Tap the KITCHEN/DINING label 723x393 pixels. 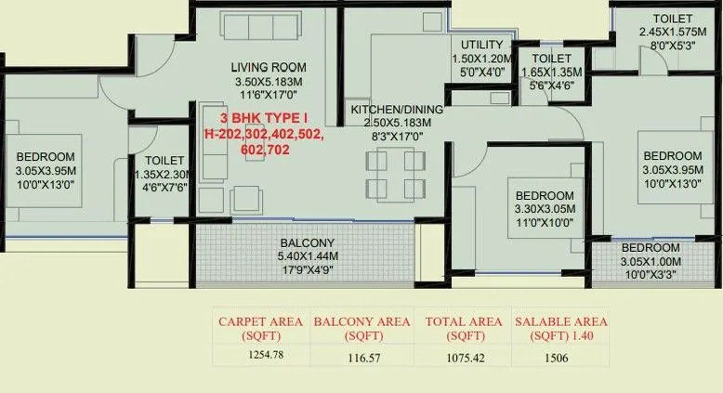pyautogui.click(x=397, y=110)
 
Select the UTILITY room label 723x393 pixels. pyautogui.click(x=481, y=45)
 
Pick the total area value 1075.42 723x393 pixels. pyautogui.click(x=460, y=357)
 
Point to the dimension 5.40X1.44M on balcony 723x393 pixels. pyautogui.click(x=306, y=255)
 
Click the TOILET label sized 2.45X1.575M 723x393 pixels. pyautogui.click(x=673, y=19)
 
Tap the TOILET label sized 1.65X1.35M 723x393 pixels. pyautogui.click(x=553, y=58)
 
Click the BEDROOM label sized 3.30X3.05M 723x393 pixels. pyautogui.click(x=545, y=196)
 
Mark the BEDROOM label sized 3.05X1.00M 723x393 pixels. pyautogui.click(x=650, y=248)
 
